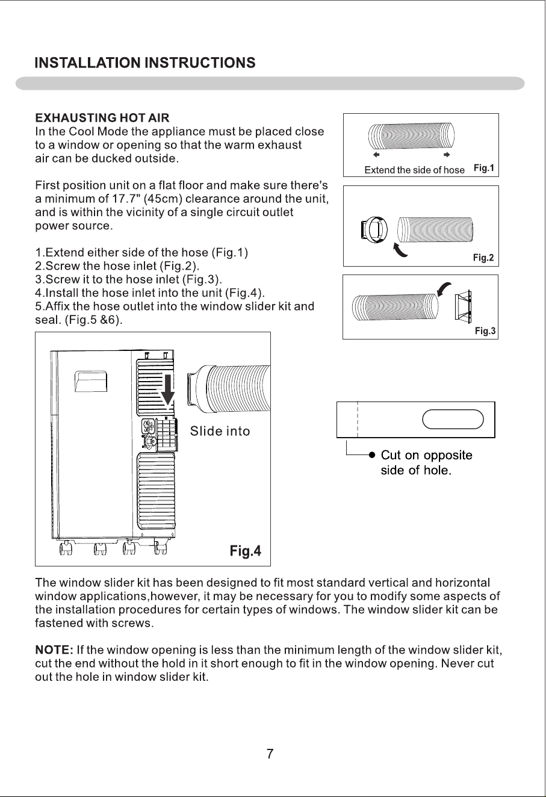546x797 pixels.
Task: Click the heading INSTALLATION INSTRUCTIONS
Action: point(145,63)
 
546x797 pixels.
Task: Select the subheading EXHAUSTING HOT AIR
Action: point(102,118)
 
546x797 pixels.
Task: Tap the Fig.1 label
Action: point(484,168)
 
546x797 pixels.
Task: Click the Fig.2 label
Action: point(483,258)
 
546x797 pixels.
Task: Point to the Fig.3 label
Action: point(485,331)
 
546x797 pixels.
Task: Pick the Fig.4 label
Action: point(246,551)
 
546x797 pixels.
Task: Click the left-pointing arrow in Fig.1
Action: point(376,155)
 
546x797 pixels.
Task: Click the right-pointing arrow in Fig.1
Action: point(447,155)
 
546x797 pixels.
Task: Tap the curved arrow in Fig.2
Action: point(400,250)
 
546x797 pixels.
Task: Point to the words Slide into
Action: point(220,431)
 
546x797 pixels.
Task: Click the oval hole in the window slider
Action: point(453,420)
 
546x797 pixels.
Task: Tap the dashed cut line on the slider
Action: point(358,420)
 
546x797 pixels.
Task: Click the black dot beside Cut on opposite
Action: point(372,454)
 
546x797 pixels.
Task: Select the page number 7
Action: point(270,754)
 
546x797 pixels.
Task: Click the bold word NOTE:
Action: point(54,650)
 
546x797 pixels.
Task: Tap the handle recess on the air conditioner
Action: point(91,382)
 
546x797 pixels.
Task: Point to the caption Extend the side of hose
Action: point(414,170)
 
